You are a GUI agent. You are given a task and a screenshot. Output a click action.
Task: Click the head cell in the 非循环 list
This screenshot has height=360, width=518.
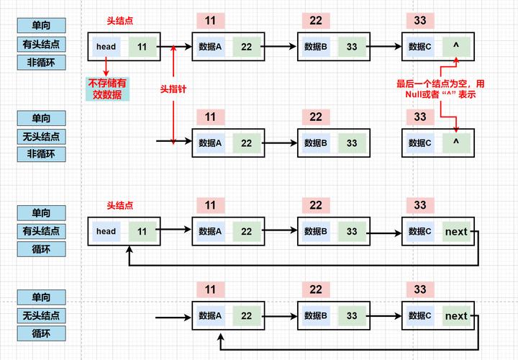[106, 47]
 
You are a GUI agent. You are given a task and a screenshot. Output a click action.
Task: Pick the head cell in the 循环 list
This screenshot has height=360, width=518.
[106, 232]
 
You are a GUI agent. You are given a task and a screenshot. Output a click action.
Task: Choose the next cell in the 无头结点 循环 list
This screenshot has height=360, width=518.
[456, 316]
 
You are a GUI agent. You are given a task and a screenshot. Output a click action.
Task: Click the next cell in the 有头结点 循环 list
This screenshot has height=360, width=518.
[456, 232]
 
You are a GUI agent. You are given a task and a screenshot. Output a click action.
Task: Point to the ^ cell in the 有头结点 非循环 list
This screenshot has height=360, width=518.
[455, 47]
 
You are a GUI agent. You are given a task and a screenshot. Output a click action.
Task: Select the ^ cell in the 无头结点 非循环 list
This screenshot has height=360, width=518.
[455, 143]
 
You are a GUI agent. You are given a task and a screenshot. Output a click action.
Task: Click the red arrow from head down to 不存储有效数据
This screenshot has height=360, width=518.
[106, 68]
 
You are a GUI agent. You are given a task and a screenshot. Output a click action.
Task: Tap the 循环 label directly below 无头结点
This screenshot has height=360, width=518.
[42, 334]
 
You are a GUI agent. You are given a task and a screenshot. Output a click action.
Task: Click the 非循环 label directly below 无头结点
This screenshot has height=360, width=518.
[42, 154]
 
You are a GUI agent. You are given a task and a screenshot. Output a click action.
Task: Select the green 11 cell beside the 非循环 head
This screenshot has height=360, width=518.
[142, 47]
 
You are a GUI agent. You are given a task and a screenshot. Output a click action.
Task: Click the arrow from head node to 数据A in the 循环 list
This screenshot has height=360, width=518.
[176, 232]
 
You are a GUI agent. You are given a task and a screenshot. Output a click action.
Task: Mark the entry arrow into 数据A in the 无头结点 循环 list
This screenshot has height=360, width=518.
[173, 316]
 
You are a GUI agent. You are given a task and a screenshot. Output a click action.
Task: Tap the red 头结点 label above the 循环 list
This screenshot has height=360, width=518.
[119, 206]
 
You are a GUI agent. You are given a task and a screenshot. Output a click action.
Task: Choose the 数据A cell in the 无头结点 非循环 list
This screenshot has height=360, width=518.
[210, 143]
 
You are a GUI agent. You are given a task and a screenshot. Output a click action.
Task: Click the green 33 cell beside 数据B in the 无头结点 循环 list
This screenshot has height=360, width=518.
[351, 316]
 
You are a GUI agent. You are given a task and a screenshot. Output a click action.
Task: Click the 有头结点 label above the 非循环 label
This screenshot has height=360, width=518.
[42, 44]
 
